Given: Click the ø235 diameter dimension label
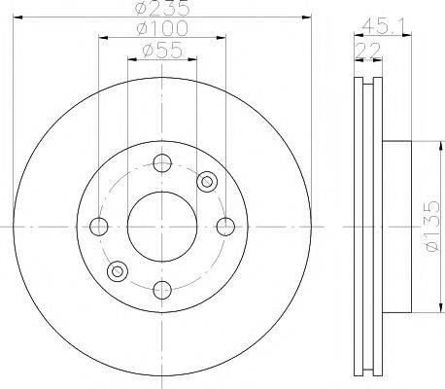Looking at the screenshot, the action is [x=162, y=8].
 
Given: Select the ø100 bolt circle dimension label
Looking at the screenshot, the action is [x=162, y=28].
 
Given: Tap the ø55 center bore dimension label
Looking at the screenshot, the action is [x=162, y=51].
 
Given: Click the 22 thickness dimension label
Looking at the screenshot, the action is [x=368, y=50].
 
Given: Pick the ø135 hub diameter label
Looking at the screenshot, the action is [x=432, y=227].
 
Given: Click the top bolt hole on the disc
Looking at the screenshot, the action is [x=162, y=163].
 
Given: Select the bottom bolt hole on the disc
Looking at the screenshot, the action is [x=162, y=290].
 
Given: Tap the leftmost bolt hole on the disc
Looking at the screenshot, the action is [x=98, y=227].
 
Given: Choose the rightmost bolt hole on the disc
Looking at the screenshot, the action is [x=225, y=227].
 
